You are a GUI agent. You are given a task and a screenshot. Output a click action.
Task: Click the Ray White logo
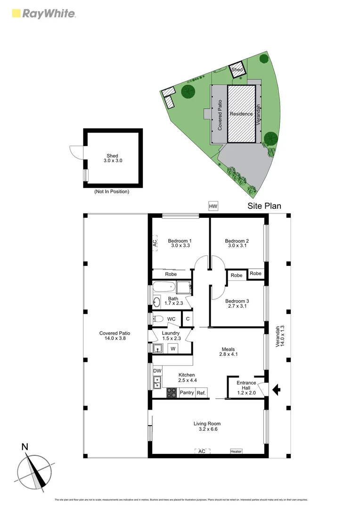(x=43, y=13)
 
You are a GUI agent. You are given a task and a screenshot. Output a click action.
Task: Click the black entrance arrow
(x=277, y=389)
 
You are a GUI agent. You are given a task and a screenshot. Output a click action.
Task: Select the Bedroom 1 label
(x=179, y=243)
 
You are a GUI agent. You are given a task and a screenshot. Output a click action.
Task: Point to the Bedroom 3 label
(x=237, y=303)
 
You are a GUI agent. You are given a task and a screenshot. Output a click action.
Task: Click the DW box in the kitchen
(x=157, y=371)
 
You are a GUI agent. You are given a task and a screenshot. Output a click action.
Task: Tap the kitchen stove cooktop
(x=172, y=392)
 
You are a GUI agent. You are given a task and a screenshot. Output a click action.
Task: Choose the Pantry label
(x=187, y=393)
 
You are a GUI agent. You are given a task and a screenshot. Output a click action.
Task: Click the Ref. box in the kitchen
(x=201, y=393)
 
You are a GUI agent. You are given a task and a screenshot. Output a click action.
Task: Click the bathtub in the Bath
(x=164, y=287)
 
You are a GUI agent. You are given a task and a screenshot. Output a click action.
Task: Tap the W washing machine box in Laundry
(x=173, y=349)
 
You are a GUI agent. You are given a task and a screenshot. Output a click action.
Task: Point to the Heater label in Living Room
(x=236, y=452)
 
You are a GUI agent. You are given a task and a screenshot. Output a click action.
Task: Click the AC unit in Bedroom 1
(x=155, y=243)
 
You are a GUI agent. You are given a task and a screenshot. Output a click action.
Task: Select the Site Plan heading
(x=264, y=206)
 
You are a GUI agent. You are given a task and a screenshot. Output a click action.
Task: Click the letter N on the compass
(x=25, y=447)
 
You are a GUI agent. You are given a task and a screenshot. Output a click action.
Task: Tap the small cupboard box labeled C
(x=188, y=319)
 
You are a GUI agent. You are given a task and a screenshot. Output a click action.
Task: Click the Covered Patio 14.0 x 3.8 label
(x=115, y=336)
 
